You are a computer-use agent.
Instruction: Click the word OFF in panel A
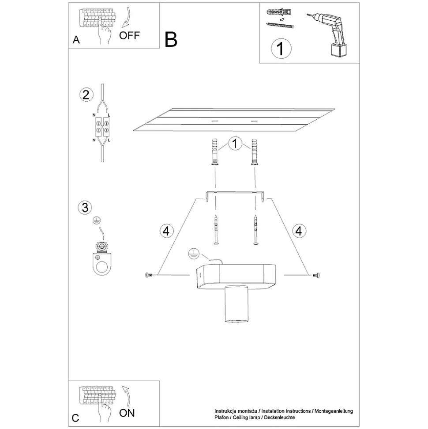129,35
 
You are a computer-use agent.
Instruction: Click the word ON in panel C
127,413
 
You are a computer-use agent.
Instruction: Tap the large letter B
171,40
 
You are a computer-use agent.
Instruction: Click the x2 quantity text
282,20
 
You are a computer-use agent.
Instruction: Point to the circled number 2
86,95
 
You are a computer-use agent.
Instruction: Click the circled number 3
85,207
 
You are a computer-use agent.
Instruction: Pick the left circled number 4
166,231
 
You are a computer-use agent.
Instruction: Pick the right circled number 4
299,231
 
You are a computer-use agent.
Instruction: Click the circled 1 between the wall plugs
235,143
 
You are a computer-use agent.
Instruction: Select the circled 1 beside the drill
281,49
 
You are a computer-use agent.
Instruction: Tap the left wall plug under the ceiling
215,152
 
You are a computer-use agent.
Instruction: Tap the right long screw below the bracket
256,229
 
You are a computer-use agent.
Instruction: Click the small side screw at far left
149,275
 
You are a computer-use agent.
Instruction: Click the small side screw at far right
316,275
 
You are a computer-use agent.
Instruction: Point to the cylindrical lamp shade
237,304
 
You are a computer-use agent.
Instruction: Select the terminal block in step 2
102,127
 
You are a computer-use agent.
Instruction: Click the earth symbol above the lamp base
194,254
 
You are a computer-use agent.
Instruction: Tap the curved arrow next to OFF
127,18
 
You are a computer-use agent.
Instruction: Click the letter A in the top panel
76,40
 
